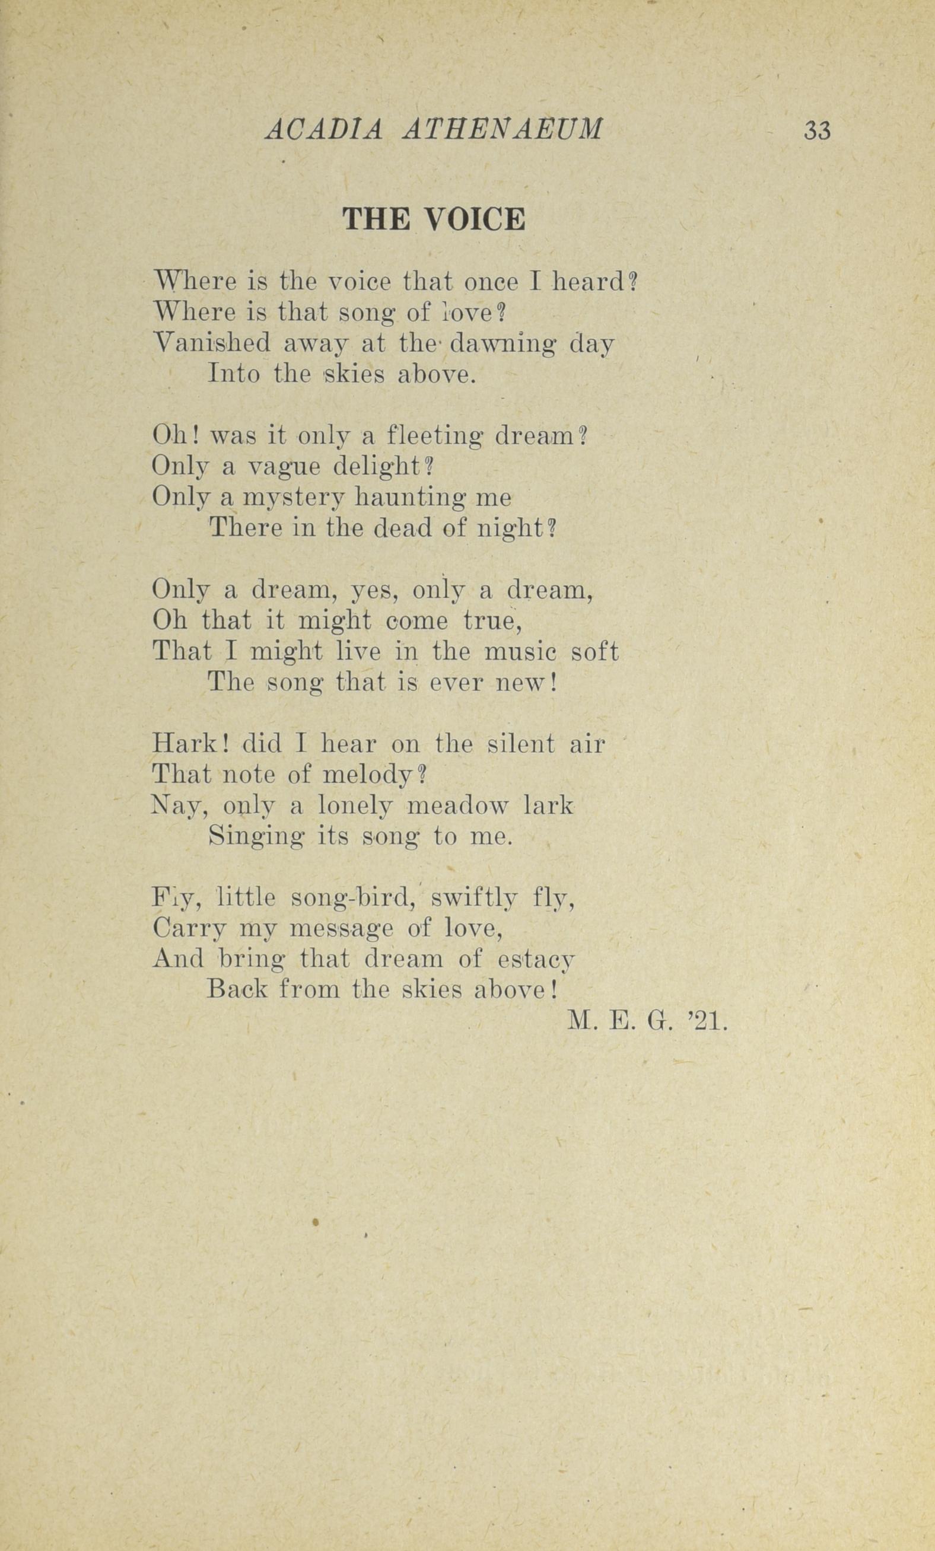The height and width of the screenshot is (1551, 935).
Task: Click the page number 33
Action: (816, 131)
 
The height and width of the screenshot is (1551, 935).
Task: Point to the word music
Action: (520, 651)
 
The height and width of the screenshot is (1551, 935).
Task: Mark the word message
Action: (341, 930)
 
